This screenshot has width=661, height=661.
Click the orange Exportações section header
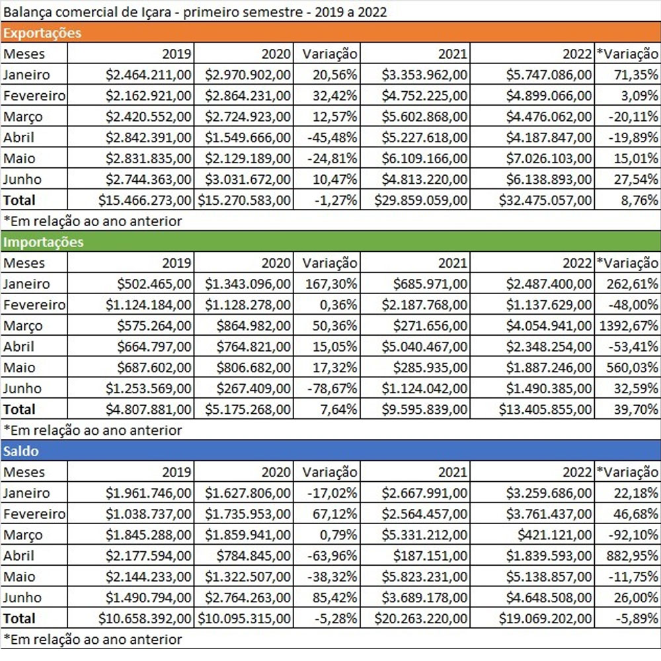click(43, 33)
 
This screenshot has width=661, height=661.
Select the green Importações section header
click(44, 242)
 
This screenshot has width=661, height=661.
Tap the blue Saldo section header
click(21, 451)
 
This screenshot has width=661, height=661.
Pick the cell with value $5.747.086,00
click(549, 75)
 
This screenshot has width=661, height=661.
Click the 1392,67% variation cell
click(627, 326)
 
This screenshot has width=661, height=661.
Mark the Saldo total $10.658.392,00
click(145, 619)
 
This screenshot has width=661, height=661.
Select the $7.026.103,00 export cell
click(549, 159)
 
